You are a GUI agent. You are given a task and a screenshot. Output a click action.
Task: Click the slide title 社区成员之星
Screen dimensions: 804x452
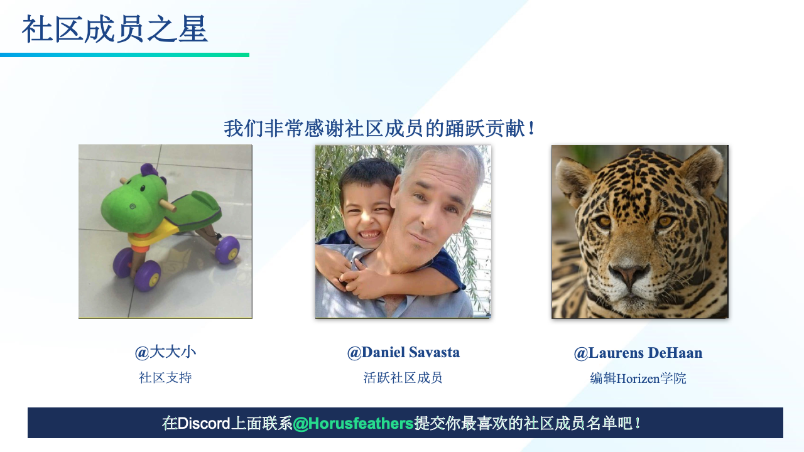coord(115,30)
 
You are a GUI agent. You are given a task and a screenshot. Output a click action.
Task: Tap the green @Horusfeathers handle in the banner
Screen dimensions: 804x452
coord(354,424)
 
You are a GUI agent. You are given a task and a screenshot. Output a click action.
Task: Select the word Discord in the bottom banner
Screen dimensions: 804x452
coord(204,423)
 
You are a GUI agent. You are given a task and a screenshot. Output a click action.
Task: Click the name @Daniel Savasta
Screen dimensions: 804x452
coord(403,353)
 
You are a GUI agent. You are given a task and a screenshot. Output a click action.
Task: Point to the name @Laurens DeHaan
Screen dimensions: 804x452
coord(638,353)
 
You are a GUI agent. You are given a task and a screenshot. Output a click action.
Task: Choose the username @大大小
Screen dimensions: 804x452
coord(165,352)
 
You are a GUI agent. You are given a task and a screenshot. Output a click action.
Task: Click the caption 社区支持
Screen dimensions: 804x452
coord(165,378)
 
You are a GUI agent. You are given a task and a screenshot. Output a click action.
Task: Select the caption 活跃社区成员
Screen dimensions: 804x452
coord(403,378)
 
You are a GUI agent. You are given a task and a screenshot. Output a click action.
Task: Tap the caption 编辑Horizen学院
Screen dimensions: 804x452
coord(638,379)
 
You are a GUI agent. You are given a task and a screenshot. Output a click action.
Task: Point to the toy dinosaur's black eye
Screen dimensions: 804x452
coord(143,188)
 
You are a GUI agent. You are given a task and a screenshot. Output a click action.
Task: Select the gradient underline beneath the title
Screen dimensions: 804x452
coord(124,55)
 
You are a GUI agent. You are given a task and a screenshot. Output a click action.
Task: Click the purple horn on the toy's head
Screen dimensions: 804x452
coord(148,169)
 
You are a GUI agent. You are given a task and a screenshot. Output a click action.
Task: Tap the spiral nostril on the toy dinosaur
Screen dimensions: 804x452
coord(133,207)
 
